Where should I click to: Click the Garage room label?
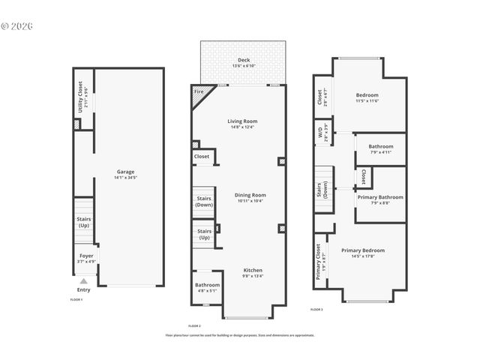[125, 172]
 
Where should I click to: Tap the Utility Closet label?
[81, 97]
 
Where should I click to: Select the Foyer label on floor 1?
[86, 256]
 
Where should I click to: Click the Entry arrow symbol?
[84, 281]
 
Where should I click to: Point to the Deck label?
[244, 60]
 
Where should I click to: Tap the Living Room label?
[242, 121]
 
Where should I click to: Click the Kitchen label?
[252, 270]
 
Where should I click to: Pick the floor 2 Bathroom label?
[208, 285]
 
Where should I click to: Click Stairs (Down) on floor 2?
[204, 202]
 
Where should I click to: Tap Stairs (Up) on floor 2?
[204, 232]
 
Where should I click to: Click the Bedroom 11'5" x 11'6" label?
[367, 95]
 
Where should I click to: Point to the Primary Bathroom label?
[380, 197]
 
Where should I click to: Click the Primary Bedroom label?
[363, 250]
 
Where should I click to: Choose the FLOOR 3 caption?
[316, 309]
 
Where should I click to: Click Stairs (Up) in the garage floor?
[84, 221]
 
